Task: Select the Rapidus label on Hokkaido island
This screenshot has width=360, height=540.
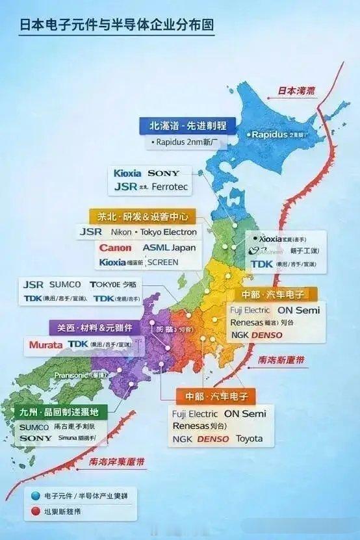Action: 268,135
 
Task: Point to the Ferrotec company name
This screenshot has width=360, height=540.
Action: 171,186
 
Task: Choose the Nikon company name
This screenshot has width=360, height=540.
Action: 123,231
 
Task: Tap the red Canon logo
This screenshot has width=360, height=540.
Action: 115,248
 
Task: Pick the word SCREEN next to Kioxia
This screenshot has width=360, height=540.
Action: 162,263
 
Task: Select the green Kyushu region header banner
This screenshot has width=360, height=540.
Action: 60,411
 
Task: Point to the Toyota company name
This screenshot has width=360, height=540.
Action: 249,439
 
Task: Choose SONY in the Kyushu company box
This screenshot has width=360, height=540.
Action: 35,439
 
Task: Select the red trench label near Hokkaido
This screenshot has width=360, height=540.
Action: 296,91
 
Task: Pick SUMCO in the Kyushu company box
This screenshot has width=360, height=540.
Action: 34,427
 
